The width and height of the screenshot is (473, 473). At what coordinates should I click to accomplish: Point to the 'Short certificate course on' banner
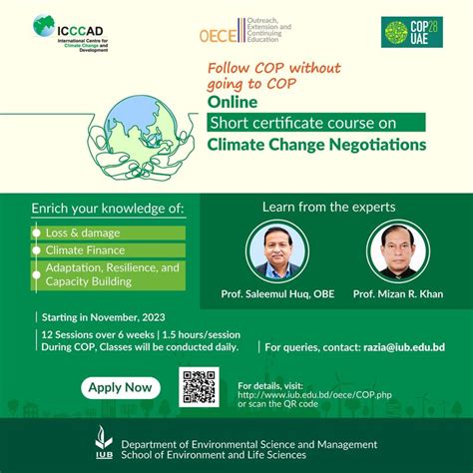tap(315, 122)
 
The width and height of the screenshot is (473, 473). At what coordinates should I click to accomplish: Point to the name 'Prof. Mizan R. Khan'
tap(397, 295)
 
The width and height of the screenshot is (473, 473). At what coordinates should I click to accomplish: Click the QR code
tap(199, 387)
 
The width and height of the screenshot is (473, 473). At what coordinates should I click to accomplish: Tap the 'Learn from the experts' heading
tap(328, 208)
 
